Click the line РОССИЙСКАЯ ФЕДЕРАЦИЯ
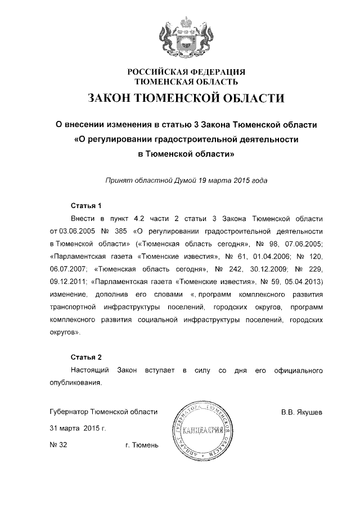tap(187, 73)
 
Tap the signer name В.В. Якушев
tap(301, 412)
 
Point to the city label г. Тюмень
tap(142, 445)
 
